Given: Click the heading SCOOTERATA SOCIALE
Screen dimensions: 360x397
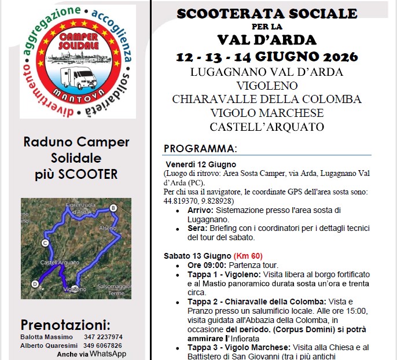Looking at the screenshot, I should (x=267, y=14).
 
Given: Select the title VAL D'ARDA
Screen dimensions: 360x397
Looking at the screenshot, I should (x=267, y=40).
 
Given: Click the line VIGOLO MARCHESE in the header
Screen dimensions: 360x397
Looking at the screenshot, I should (x=267, y=113).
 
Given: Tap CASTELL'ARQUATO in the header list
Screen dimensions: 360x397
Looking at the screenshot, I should (x=267, y=126).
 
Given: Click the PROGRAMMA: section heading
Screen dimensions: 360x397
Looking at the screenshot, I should (x=200, y=148).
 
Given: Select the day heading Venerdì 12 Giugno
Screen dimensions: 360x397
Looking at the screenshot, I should (x=193, y=164).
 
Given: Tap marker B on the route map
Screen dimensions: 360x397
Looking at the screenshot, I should (x=113, y=208).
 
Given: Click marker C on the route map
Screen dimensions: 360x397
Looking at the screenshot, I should (x=45, y=244).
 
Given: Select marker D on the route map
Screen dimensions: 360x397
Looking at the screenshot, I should (x=35, y=284).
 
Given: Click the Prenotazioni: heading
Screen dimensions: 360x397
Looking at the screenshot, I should (x=65, y=324).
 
